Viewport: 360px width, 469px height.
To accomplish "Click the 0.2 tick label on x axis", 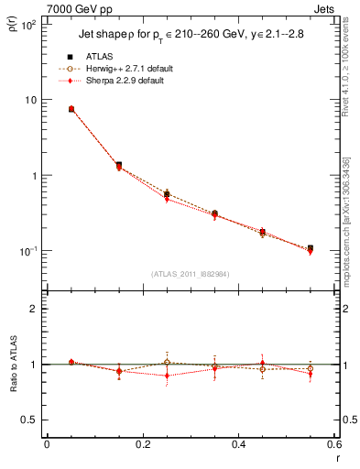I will coord(142,444).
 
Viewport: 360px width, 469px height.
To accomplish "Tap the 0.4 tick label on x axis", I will coord(239,444).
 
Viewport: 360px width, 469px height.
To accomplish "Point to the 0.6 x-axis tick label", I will coord(333,444).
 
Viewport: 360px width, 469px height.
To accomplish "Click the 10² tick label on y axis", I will coord(28,25).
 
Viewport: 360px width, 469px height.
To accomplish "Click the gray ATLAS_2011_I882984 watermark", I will coord(191,274).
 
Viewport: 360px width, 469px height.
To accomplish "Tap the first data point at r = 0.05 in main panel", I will coord(71,109).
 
